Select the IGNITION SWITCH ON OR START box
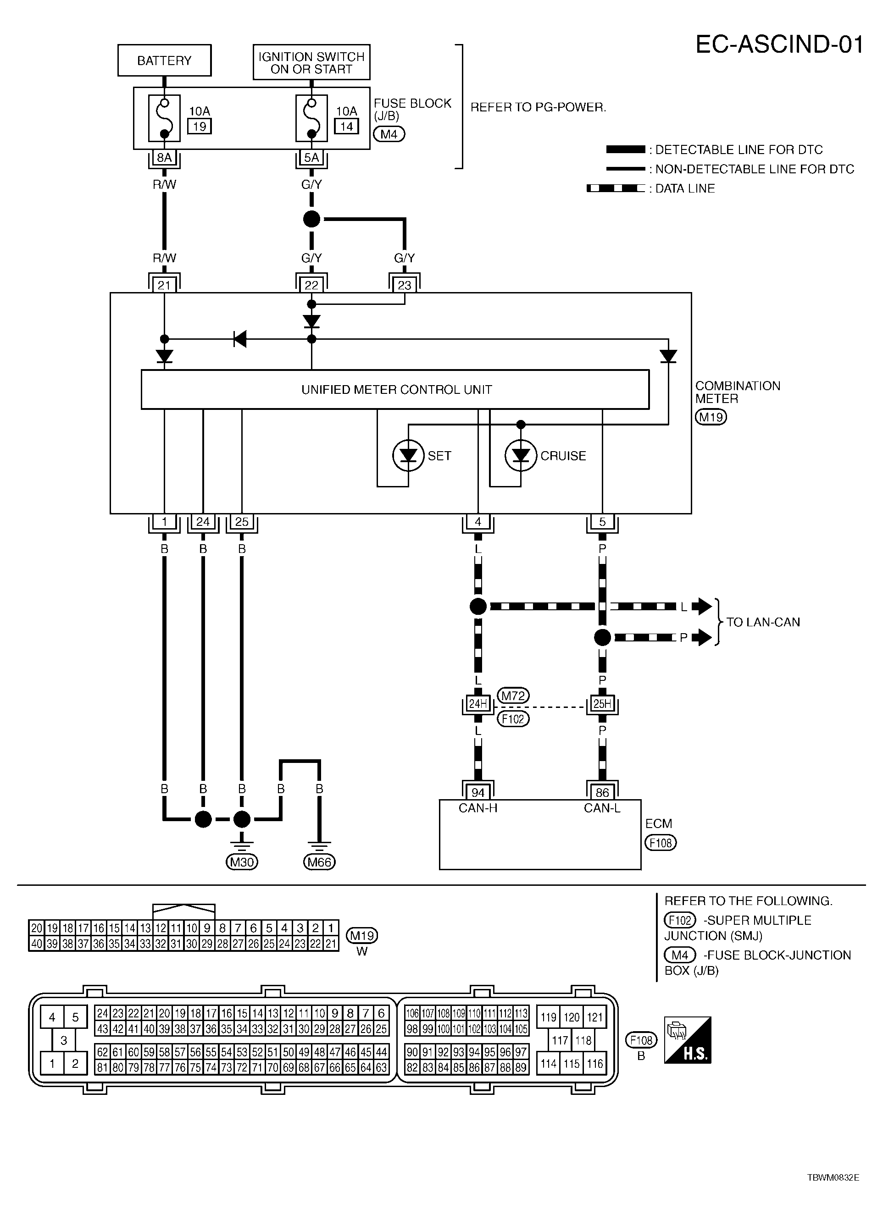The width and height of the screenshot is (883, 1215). [311, 63]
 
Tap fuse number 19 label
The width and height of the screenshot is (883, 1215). [200, 127]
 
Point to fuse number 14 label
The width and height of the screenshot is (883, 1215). [346, 127]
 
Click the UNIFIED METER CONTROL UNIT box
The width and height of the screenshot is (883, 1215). [395, 389]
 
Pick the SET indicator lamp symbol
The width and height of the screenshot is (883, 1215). [408, 456]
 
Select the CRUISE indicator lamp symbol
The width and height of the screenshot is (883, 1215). [521, 456]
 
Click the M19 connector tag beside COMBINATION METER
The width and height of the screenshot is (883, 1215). [711, 417]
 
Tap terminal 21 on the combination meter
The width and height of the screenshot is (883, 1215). [164, 285]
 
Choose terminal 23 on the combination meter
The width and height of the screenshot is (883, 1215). [405, 285]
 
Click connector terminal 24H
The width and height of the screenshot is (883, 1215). [478, 703]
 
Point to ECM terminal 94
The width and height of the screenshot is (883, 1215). [478, 792]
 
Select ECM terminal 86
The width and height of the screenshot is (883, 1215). [602, 792]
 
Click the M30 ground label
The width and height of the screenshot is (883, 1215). [242, 862]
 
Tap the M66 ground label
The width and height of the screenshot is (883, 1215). [319, 862]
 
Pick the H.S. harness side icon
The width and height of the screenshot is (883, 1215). [688, 1040]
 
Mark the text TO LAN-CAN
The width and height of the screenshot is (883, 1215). [763, 622]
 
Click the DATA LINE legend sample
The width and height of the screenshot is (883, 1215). [616, 188]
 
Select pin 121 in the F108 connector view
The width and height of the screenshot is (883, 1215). [595, 1017]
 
